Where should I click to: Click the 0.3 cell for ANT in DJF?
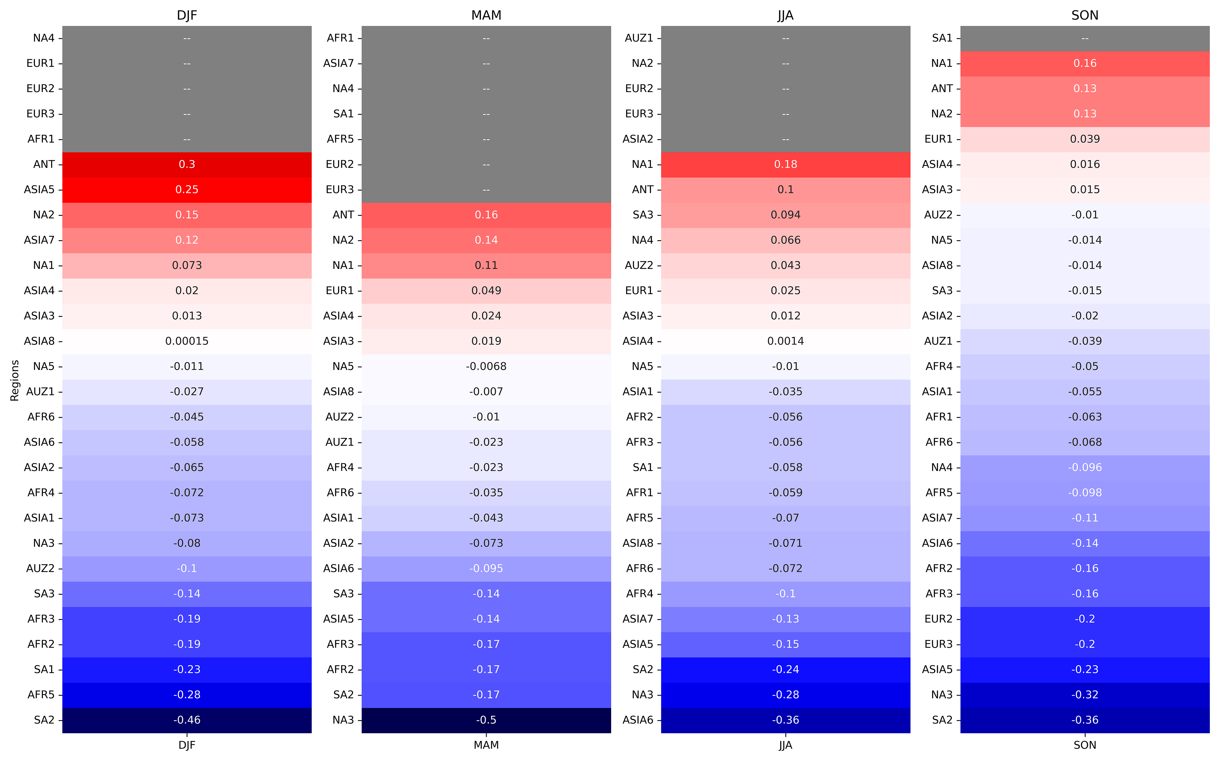tap(187, 165)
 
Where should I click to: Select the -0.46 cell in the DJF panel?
tap(187, 720)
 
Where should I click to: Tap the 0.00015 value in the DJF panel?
tap(187, 341)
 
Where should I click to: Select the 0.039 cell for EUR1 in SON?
tap(1085, 139)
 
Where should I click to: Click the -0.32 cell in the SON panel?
tap(1085, 695)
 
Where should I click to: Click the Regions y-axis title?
tap(15, 380)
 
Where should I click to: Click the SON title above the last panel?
tap(1085, 15)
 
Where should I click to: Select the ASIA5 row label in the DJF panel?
tap(39, 190)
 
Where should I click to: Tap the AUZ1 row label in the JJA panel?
tap(639, 38)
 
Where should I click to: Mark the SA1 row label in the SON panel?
tap(942, 38)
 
